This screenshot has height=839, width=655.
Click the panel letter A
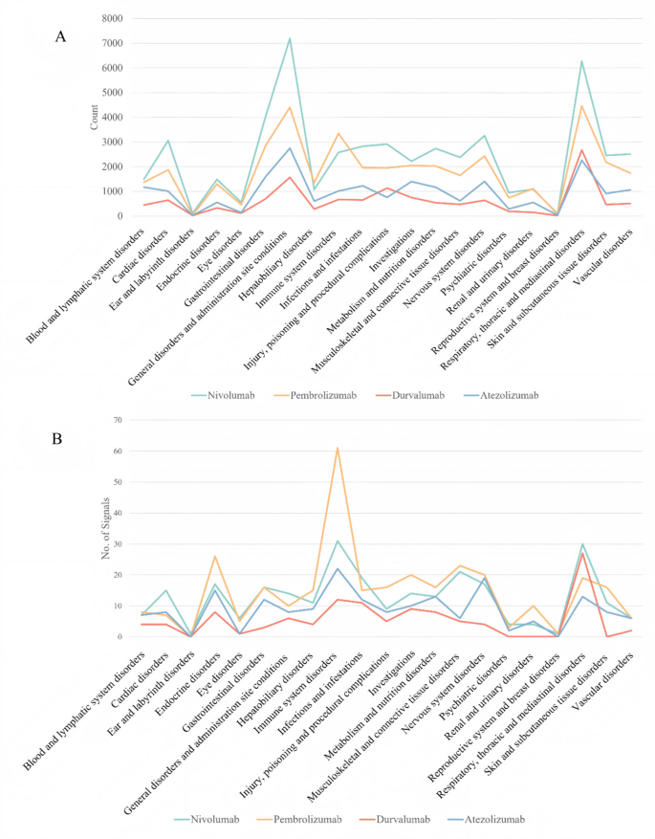pyautogui.click(x=60, y=37)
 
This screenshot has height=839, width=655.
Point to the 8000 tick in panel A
pyautogui.click(x=111, y=19)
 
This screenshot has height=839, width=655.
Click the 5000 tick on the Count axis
pyautogui.click(x=111, y=93)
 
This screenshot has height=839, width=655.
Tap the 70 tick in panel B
pyautogui.click(x=118, y=420)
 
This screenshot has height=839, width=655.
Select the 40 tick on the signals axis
pyautogui.click(x=118, y=513)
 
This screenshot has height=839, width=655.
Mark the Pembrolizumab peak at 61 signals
pyautogui.click(x=338, y=448)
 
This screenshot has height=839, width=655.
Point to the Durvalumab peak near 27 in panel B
pyautogui.click(x=582, y=553)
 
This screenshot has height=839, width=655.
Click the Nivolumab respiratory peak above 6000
pyautogui.click(x=581, y=61)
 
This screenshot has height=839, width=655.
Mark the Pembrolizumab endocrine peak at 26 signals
pyautogui.click(x=216, y=556)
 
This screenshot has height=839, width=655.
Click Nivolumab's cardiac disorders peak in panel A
pyautogui.click(x=168, y=141)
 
